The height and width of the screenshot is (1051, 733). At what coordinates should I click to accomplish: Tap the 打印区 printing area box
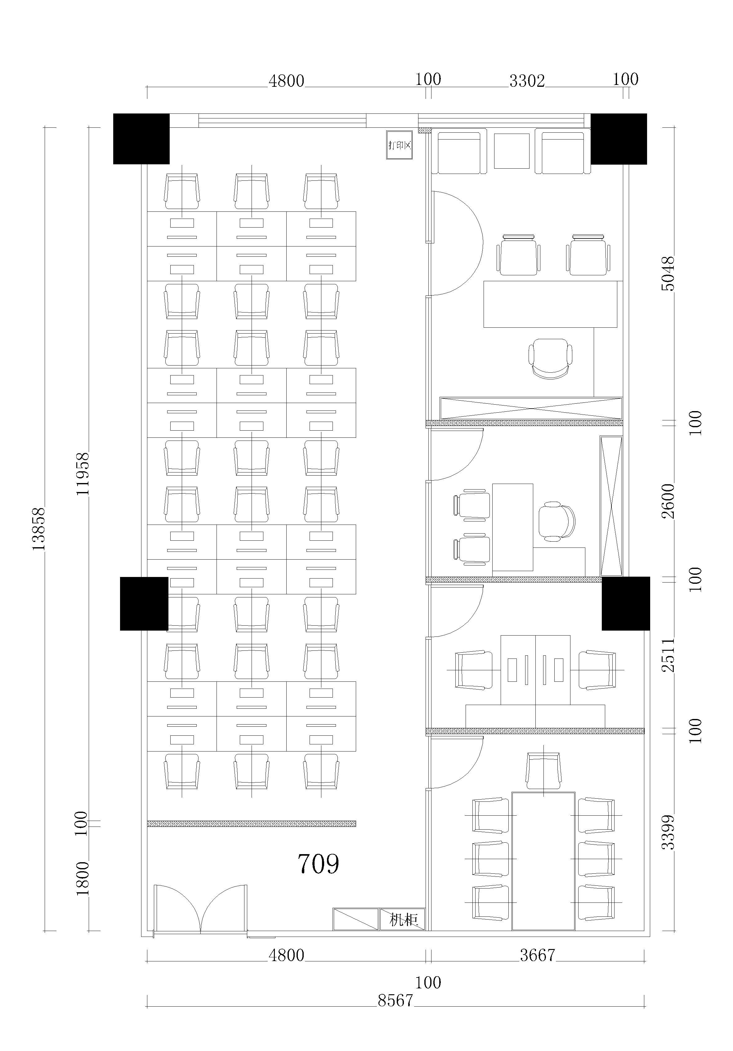tap(400, 145)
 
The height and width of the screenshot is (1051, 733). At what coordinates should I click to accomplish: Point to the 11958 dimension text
tap(83, 474)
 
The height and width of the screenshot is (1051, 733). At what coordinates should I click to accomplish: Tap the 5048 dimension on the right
tap(668, 274)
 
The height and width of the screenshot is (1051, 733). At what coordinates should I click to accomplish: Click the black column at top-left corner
tap(141, 139)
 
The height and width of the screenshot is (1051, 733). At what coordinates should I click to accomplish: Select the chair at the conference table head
tap(543, 770)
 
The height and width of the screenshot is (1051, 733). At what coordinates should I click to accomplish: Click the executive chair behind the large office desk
tap(551, 359)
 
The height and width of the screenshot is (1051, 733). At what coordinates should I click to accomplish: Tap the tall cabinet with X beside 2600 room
tap(611, 506)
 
